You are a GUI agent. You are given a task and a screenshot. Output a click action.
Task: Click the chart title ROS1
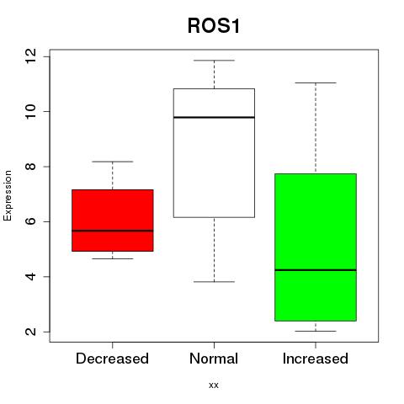pos(214,25)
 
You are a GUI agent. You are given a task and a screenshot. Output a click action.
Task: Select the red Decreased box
pos(113,221)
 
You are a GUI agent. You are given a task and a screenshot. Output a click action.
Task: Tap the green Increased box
pos(316,247)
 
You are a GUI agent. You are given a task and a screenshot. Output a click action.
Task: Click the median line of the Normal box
pos(214,117)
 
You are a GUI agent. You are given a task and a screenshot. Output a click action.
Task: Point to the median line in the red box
pos(113,231)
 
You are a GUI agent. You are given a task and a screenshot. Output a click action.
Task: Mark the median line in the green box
pos(316,270)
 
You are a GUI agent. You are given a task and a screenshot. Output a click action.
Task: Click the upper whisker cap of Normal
pos(214,61)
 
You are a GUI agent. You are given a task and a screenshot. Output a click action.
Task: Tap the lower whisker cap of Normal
pos(214,281)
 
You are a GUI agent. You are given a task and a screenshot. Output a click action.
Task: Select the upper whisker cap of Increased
pos(316,82)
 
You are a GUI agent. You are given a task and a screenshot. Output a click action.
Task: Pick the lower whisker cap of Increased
pos(316,331)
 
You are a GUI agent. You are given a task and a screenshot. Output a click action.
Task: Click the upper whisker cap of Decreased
pos(113,162)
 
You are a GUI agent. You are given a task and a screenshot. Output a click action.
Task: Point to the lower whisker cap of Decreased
pos(113,258)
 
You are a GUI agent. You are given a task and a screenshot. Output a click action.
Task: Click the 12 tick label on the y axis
pos(30,56)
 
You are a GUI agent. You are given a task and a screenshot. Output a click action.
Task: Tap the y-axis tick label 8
pos(30,167)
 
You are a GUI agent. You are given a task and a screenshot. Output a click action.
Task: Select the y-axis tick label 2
pos(30,332)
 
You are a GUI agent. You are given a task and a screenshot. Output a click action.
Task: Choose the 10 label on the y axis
pos(30,111)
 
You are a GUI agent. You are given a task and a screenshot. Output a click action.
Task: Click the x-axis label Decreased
pos(112,359)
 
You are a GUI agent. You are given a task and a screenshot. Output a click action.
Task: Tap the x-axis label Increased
pos(316,359)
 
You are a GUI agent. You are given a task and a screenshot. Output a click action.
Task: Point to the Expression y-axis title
pos(8,195)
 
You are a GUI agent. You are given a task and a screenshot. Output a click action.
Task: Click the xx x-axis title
pos(214,385)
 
